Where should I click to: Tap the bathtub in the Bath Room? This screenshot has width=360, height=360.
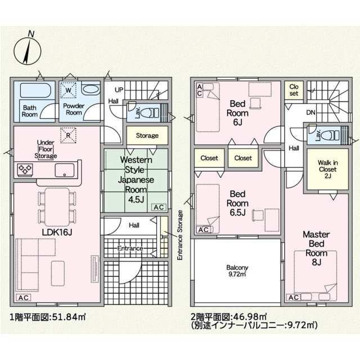click(35, 90)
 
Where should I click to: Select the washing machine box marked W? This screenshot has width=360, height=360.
click(68, 90)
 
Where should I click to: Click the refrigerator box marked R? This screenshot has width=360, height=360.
click(68, 136)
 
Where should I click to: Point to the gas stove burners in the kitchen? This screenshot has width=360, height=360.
click(25, 169)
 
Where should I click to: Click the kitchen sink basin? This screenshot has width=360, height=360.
click(65, 170)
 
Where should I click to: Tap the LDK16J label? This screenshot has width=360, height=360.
click(57, 232)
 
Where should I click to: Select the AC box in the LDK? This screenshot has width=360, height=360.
click(24, 298)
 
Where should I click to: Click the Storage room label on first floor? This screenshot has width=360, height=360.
click(147, 136)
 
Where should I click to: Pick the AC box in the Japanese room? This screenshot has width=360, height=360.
click(159, 207)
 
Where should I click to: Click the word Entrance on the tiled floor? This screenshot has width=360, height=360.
click(130, 248)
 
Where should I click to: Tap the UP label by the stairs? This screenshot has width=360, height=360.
click(119, 90)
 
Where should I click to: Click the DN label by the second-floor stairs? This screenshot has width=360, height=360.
click(310, 112)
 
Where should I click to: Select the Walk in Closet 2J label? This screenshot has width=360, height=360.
click(327, 169)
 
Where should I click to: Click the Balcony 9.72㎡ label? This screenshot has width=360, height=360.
click(237, 271)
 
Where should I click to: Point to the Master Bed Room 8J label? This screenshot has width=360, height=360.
click(316, 248)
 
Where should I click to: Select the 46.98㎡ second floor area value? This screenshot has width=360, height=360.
click(250, 317)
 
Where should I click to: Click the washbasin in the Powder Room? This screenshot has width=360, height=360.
click(91, 89)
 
